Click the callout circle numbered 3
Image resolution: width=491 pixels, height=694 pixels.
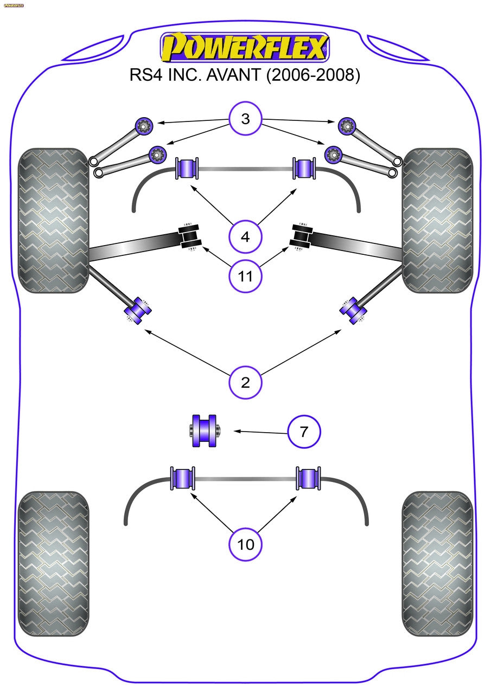tap(245, 119)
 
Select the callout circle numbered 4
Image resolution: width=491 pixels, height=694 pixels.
tap(245, 237)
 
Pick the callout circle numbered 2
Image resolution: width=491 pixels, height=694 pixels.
tap(245, 382)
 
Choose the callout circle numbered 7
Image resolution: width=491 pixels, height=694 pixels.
tap(304, 432)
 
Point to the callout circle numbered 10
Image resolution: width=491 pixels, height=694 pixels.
tap(245, 544)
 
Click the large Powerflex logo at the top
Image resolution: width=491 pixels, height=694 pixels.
tap(245, 47)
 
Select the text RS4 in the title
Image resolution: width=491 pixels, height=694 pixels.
tap(145, 75)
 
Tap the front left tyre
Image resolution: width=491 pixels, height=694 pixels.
tap(53, 220)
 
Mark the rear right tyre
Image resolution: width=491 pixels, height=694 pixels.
tap(437, 564)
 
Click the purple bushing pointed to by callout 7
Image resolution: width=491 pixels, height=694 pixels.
tap(205, 431)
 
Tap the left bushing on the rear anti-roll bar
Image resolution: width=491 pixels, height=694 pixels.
tap(183, 478)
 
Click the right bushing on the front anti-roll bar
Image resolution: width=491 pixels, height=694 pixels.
tap(304, 168)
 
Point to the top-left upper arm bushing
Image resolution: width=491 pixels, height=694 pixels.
tap(145, 126)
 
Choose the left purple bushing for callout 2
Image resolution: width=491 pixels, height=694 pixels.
tap(138, 311)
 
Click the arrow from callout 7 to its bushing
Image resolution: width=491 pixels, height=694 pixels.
tap(260, 432)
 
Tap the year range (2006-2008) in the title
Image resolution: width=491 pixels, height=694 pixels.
tap(313, 75)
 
